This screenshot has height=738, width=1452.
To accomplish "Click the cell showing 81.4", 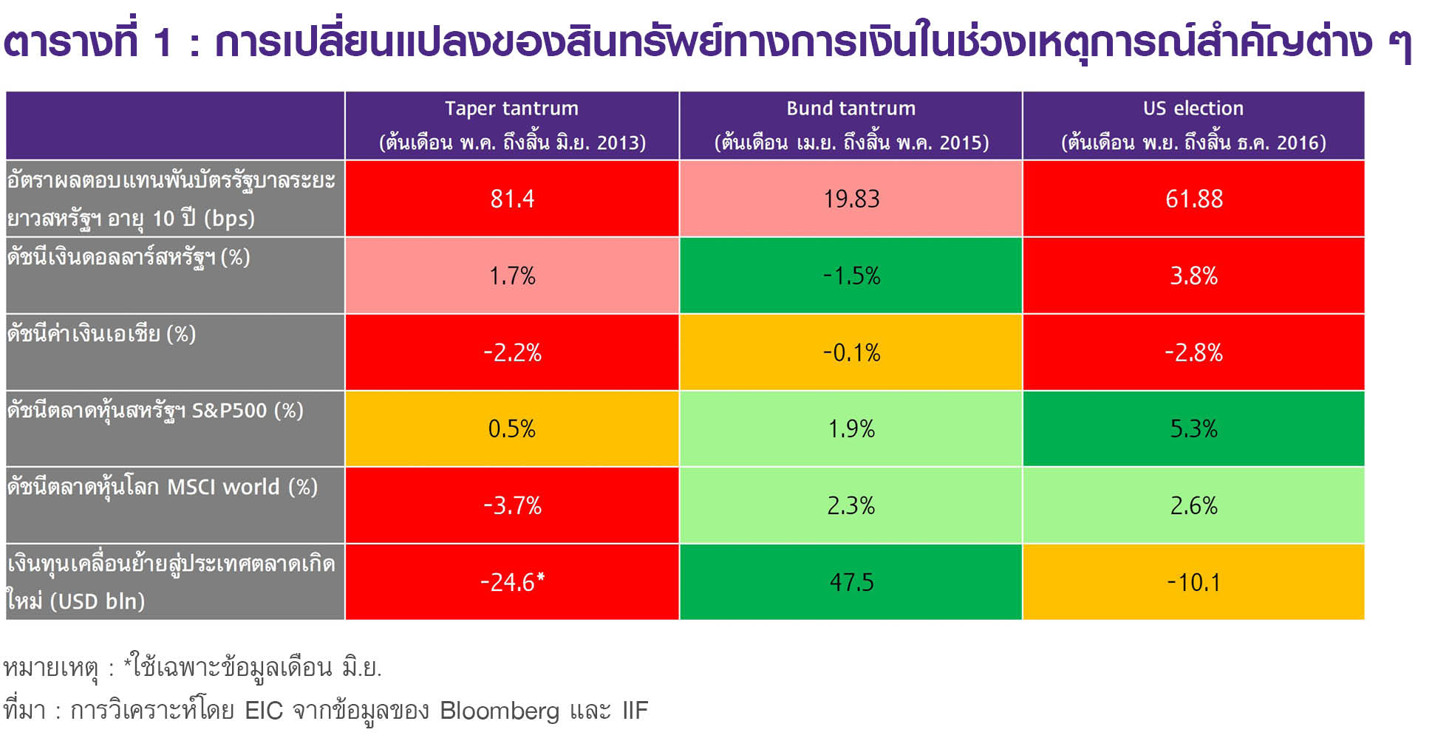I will pos(512,199).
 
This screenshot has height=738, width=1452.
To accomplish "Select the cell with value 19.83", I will pos(851,199).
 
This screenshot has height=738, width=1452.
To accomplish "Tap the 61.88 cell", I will pos(1193,199).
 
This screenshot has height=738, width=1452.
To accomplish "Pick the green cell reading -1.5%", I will pos(851,276).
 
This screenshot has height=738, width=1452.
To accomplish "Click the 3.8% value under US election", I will pos(1193,276).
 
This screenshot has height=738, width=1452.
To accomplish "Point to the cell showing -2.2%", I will pos(512,352).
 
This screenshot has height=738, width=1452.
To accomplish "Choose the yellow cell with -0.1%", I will pos(851,352).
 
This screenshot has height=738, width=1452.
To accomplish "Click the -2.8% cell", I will pos(1193,352).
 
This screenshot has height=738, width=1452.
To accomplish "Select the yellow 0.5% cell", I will pos(512,428).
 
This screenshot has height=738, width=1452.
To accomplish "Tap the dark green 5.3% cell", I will pos(1193,428).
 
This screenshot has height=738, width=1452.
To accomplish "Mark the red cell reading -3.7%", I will pos(512,505).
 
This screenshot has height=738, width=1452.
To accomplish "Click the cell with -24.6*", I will pos(512,582).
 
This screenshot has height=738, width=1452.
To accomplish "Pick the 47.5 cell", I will pos(851,582).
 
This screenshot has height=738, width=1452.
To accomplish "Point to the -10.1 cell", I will pos(1193,582).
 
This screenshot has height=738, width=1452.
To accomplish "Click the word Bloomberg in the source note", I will pos(500,711).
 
